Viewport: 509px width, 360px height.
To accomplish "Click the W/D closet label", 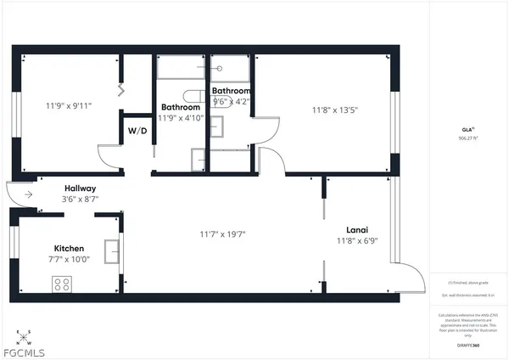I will (137, 132).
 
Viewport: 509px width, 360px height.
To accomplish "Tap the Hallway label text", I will (81, 188).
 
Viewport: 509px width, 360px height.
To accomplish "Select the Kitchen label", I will (70, 248).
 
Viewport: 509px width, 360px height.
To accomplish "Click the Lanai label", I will (356, 229).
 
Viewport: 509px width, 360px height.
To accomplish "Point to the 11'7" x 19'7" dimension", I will (223, 233).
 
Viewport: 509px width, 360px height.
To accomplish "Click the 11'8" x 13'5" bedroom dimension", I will (336, 109).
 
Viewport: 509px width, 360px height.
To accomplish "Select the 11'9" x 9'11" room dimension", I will (69, 106).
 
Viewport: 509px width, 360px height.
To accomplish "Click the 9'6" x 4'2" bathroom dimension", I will (232, 101).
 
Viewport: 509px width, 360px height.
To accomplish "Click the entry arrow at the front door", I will (27, 194).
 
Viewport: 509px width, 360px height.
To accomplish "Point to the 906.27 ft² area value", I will (468, 138).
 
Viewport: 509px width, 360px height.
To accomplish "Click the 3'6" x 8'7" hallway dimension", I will (81, 200).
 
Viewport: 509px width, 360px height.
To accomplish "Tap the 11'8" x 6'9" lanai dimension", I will (356, 240).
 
